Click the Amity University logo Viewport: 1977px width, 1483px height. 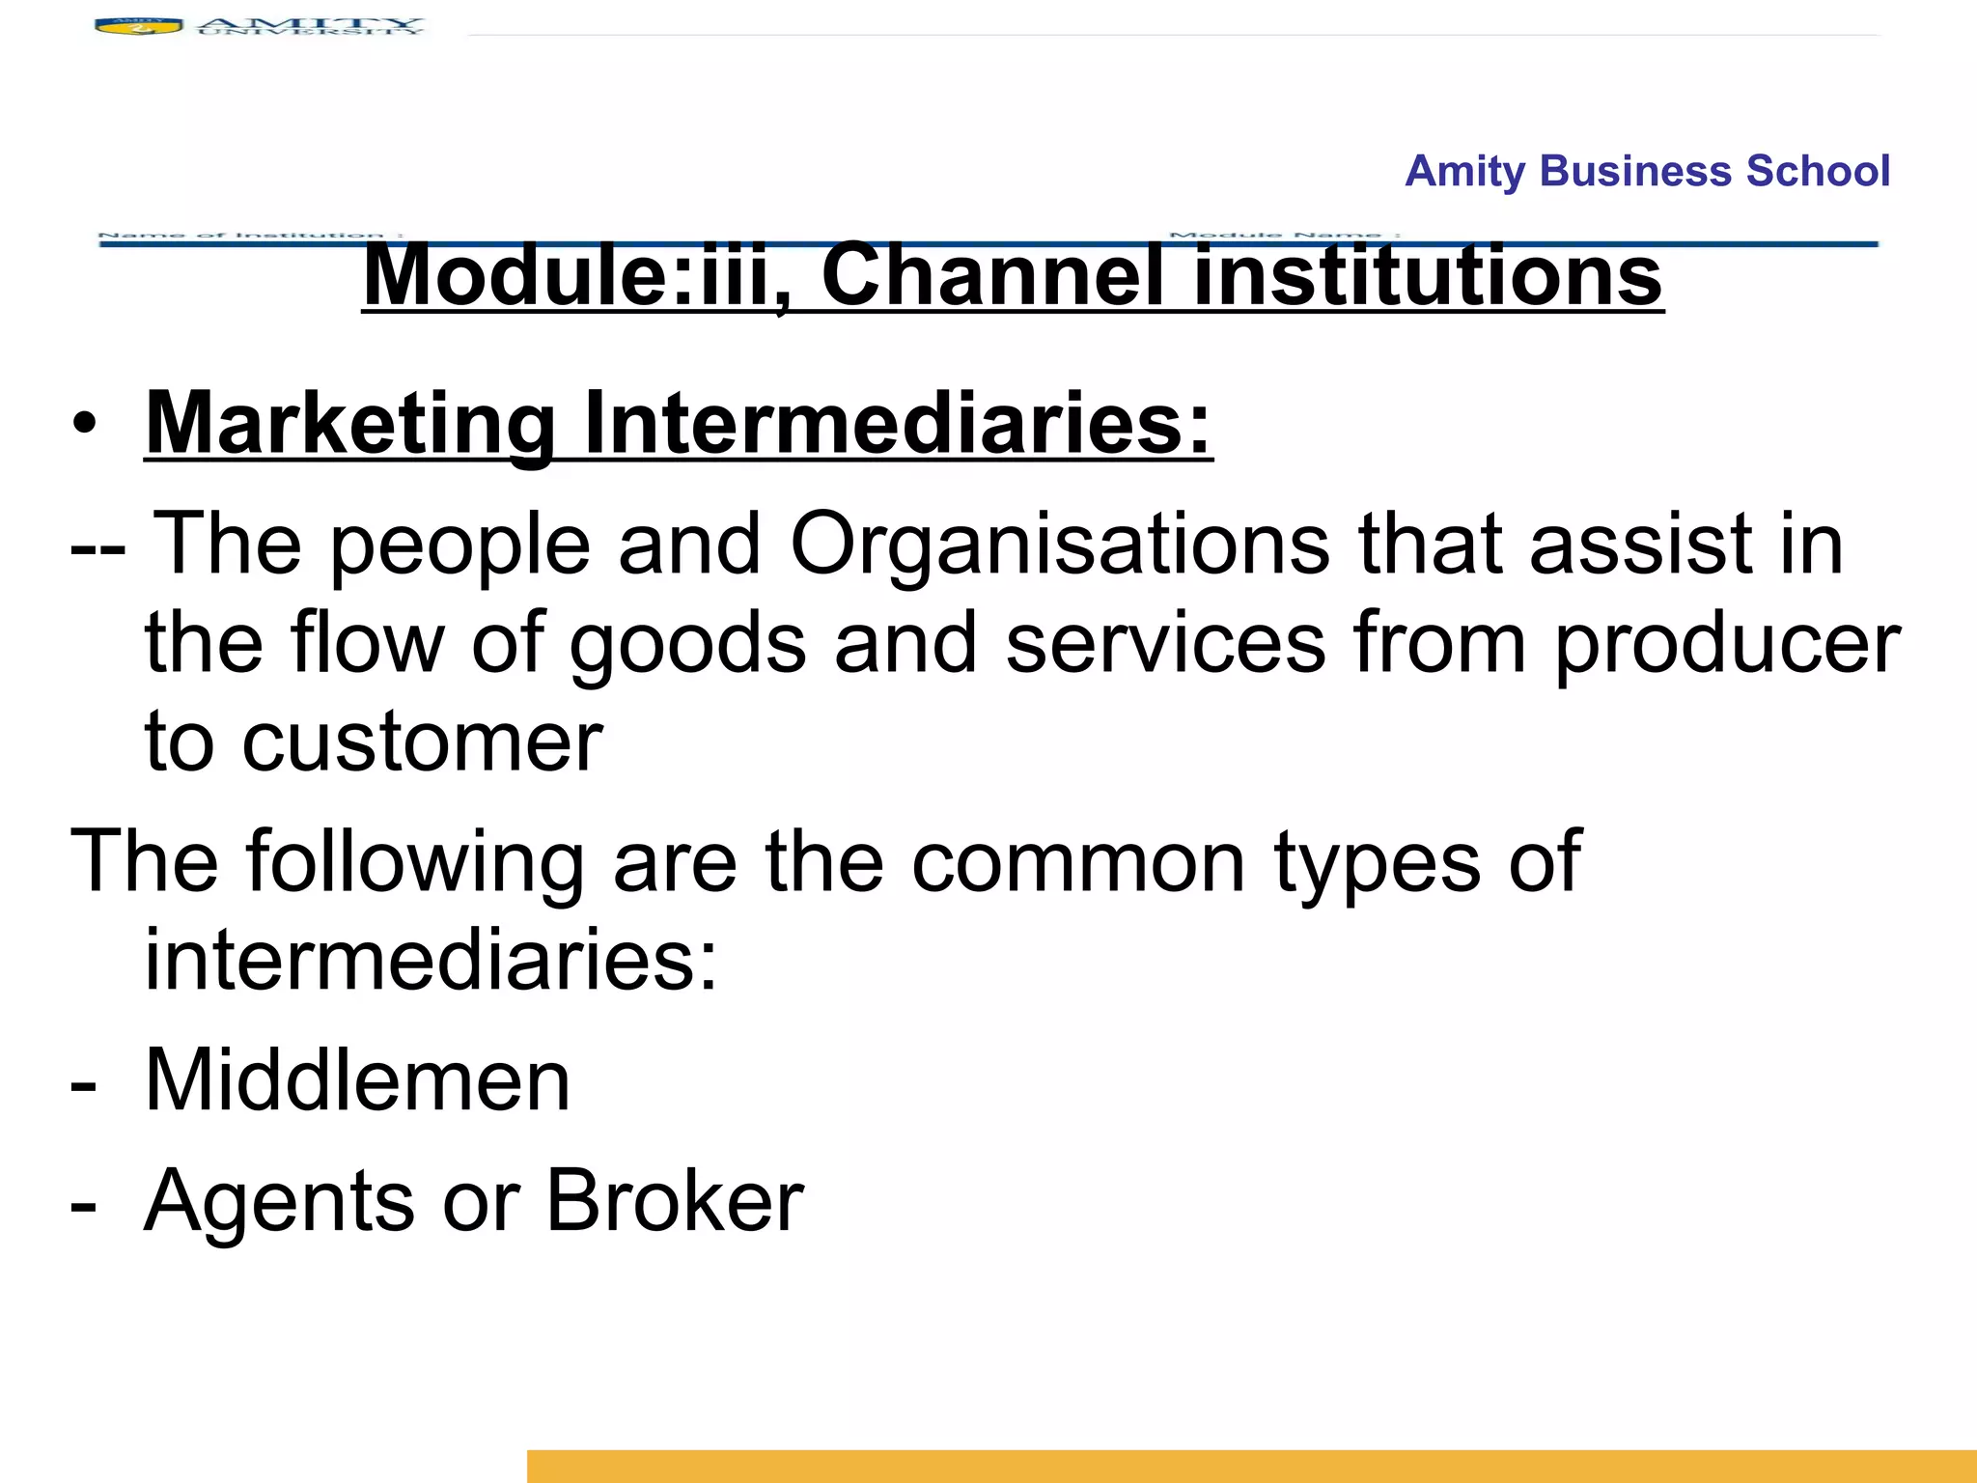(x=259, y=26)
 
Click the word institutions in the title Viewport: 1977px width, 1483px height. (x=1429, y=276)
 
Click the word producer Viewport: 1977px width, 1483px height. (x=1727, y=645)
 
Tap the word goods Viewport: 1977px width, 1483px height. (x=687, y=645)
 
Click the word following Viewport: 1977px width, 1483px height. (x=415, y=862)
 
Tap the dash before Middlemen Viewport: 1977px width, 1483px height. (x=84, y=1085)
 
